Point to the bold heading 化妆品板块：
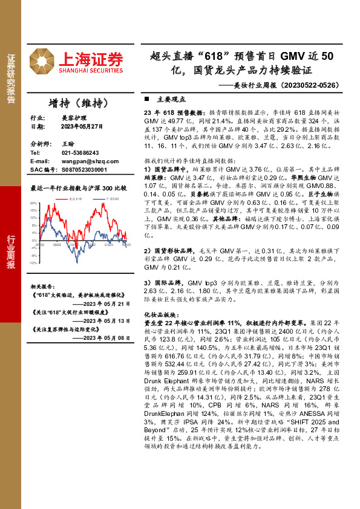(x=160, y=316)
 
